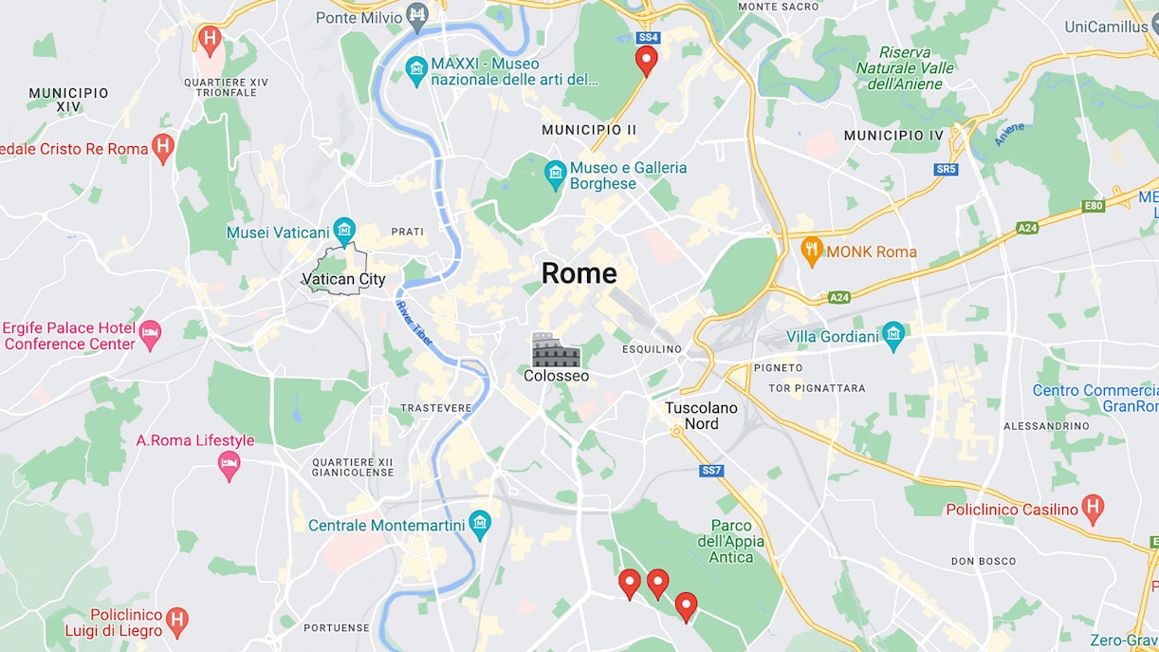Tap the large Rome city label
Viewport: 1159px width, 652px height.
click(x=579, y=273)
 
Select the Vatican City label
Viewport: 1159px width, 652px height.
click(x=343, y=279)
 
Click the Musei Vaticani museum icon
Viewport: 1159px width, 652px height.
click(x=344, y=230)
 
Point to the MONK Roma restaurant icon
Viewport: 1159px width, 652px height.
click(x=811, y=251)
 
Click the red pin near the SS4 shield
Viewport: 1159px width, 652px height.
click(x=646, y=61)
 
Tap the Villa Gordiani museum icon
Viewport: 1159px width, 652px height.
click(x=893, y=335)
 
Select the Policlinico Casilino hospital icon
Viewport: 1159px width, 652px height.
click(x=1093, y=509)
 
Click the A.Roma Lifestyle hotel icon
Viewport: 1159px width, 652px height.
click(x=229, y=464)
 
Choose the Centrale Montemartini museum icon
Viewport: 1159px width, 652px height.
click(x=481, y=524)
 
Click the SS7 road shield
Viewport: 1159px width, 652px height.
click(x=711, y=471)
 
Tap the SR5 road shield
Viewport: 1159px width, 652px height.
click(x=946, y=169)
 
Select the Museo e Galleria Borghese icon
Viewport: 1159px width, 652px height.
click(x=555, y=174)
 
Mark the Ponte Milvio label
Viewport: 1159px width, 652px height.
click(x=356, y=17)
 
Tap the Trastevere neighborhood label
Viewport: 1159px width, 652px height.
click(x=435, y=408)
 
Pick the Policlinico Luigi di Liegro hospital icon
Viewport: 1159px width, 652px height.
click(x=176, y=622)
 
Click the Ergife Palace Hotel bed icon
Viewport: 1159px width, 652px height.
click(x=150, y=334)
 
